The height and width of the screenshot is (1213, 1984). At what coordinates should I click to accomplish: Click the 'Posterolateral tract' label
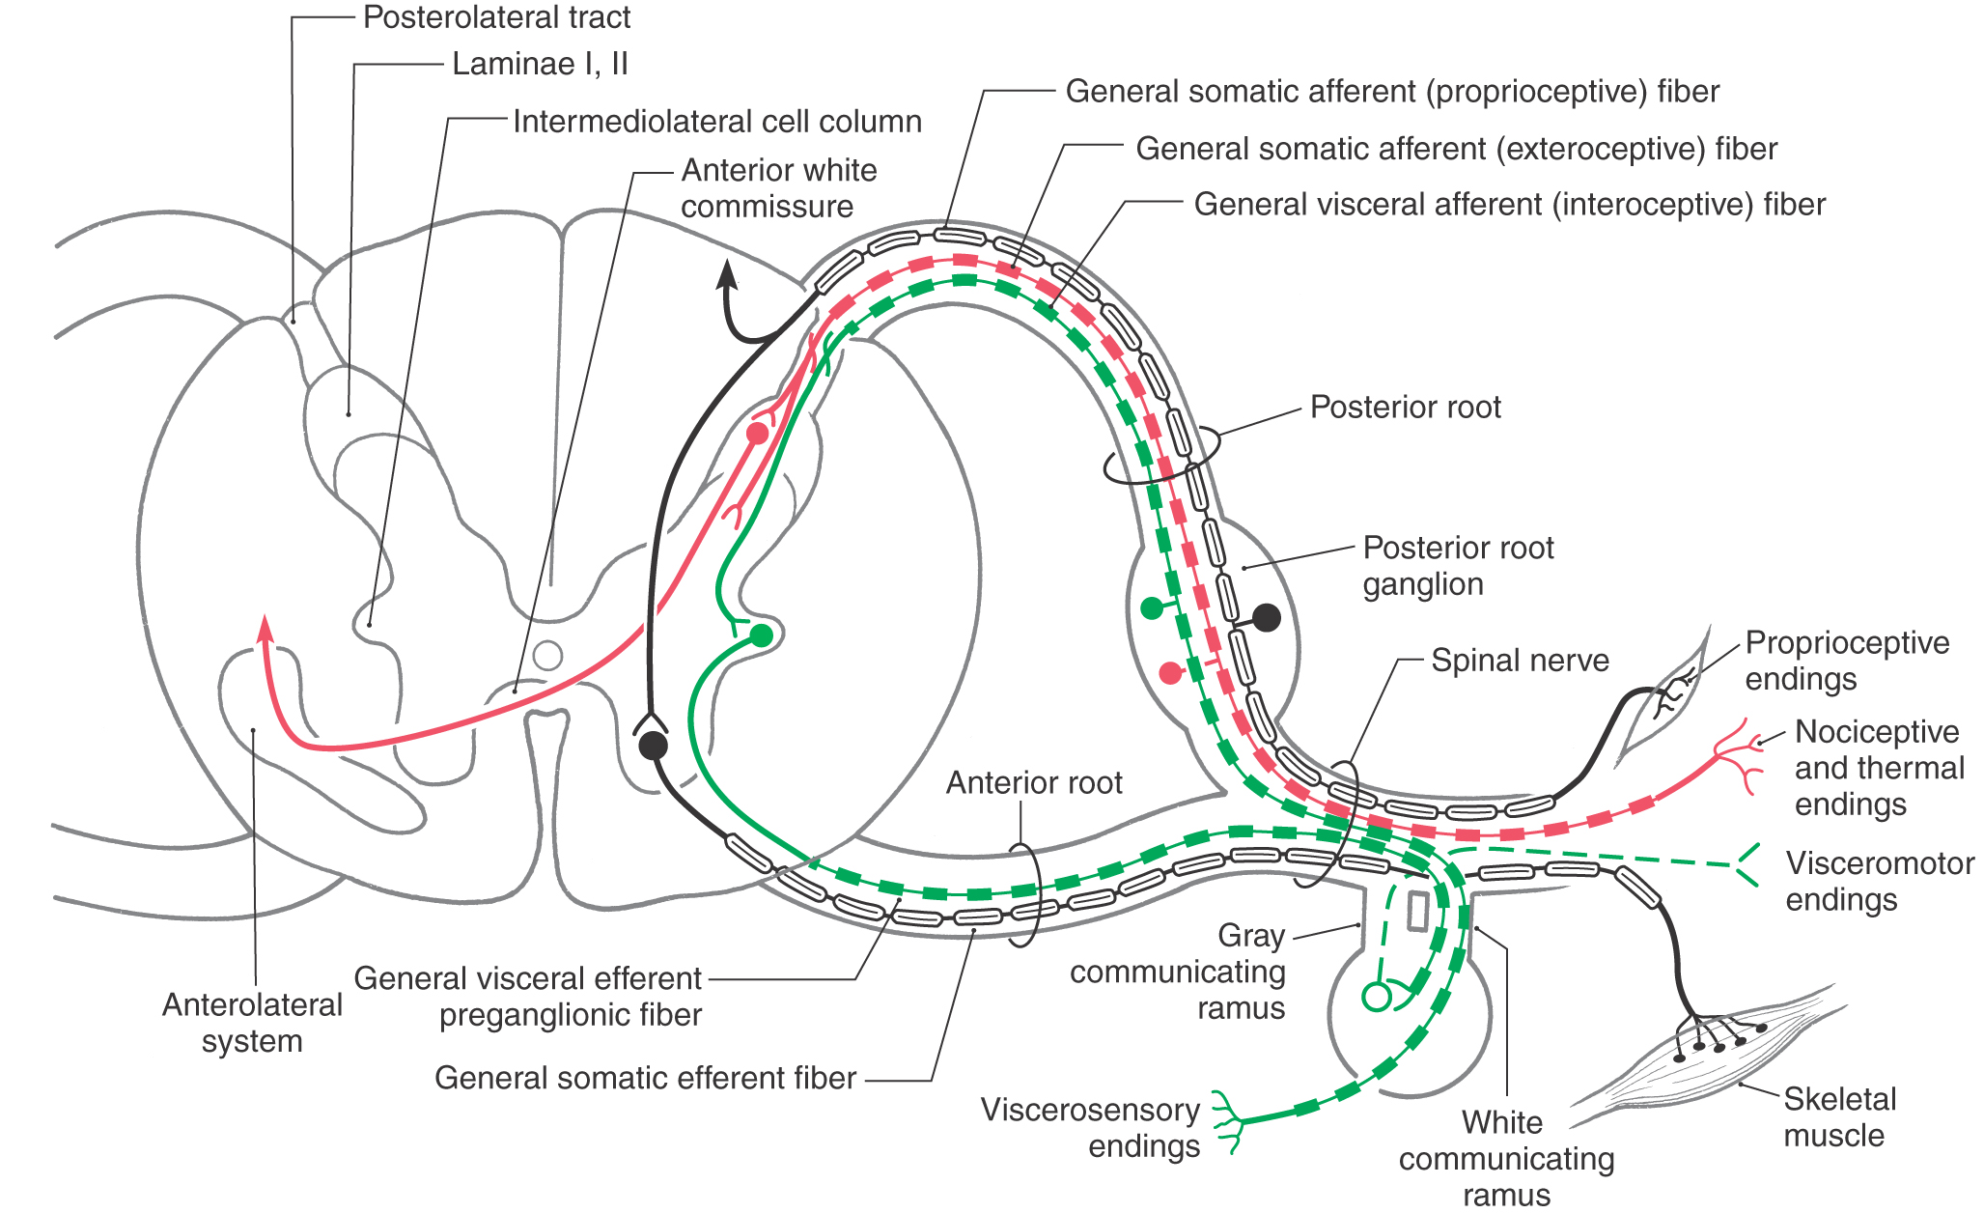[496, 17]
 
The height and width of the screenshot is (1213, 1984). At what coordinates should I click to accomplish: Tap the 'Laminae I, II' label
[540, 64]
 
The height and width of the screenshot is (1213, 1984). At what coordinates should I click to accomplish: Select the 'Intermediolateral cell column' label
[717, 122]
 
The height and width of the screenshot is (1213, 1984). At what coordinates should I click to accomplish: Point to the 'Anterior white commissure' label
[778, 188]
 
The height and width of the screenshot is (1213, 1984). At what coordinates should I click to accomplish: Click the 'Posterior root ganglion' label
[1458, 566]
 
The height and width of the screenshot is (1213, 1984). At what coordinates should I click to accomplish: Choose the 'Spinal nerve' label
[1520, 661]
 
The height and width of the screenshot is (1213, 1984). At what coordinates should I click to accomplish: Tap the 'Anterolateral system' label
[252, 1023]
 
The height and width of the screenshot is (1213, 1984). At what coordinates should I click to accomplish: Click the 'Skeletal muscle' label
[1839, 1117]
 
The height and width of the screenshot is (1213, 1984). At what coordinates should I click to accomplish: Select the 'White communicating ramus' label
[1506, 1158]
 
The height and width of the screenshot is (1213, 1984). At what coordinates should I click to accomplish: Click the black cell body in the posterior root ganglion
[1266, 617]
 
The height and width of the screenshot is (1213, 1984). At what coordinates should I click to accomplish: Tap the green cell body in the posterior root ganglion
[1152, 607]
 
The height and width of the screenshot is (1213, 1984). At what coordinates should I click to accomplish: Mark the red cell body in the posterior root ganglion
[1170, 672]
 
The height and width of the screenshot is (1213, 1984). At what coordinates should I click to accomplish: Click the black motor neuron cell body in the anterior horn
[654, 745]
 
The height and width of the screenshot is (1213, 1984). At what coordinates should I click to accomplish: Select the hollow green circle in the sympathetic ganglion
[1376, 997]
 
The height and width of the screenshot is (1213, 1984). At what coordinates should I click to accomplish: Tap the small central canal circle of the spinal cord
[547, 656]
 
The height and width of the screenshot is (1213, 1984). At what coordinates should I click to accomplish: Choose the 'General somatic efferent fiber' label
[645, 1078]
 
